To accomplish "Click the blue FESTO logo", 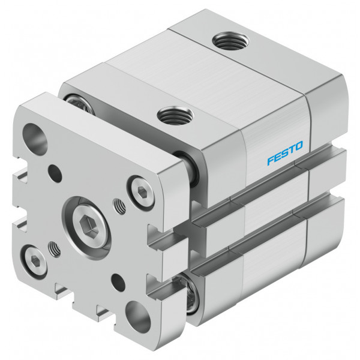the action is [285, 153].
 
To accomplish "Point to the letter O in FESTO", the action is [298, 146].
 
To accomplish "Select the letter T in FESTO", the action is [292, 149].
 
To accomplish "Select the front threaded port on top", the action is [176, 115].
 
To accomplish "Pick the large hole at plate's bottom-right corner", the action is [138, 317].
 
